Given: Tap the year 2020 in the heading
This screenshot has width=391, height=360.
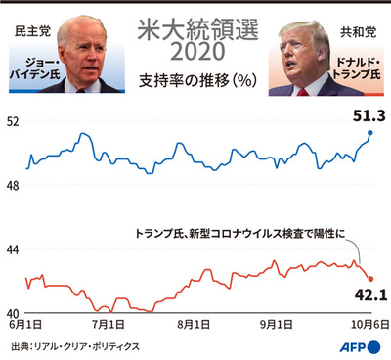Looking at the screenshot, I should [195, 50].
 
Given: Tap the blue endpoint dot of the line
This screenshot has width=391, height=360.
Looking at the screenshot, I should [370, 132].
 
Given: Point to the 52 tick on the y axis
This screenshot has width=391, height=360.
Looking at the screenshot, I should [14, 122].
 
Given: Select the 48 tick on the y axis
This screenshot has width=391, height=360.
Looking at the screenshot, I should [14, 186].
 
